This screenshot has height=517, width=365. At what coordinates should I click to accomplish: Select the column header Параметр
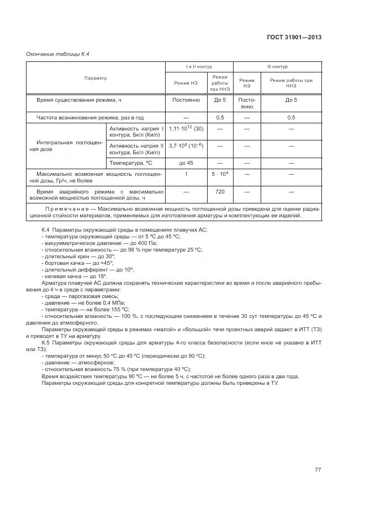(96, 79)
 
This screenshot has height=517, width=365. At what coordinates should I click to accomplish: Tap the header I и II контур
(199, 66)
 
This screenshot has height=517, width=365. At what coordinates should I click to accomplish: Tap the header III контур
(277, 66)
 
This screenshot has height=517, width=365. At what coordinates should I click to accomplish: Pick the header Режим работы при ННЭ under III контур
(291, 83)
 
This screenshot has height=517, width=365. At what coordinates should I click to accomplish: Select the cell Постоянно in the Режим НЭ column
(186, 100)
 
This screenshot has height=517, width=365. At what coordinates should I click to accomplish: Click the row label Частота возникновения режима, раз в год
(90, 117)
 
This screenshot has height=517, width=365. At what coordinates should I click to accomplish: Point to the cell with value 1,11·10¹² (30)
(186, 128)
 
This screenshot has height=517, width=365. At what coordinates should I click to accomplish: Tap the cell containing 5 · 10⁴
(220, 174)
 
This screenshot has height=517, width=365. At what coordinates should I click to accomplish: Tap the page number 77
(318, 469)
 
